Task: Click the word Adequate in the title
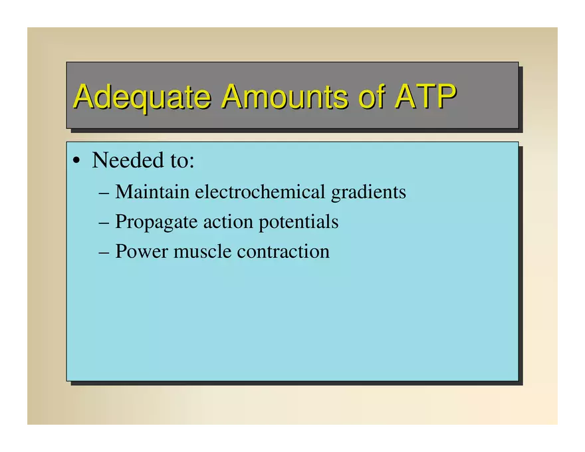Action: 142,97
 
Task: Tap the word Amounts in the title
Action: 285,96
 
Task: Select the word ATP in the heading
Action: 426,96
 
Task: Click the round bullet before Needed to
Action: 76,161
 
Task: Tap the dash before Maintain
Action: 104,193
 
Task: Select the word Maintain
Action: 152,191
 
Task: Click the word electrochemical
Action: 260,191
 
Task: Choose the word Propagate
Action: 156,222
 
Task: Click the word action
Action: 228,221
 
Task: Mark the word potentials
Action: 298,221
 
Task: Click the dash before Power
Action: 104,253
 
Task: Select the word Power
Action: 142,251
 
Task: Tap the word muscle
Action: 202,251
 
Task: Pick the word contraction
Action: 283,251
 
